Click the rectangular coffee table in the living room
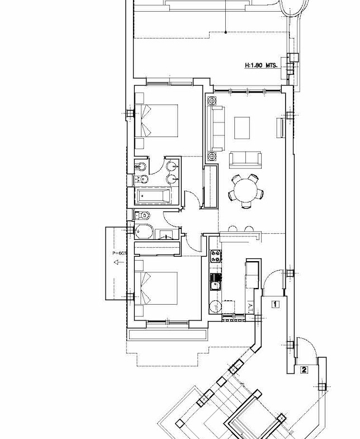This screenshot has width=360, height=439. [x=242, y=128]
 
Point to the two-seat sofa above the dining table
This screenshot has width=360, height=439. [x=245, y=158]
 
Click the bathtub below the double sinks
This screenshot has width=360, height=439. [x=154, y=196]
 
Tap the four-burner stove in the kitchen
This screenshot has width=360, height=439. [x=215, y=257]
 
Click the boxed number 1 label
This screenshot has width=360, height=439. [x=275, y=305]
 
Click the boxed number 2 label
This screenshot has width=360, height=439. [x=304, y=369]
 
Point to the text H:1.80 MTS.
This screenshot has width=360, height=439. [x=261, y=65]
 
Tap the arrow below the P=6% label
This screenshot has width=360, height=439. [x=115, y=267]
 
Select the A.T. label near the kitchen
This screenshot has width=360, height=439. [x=252, y=306]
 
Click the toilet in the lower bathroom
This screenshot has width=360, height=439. [x=144, y=215]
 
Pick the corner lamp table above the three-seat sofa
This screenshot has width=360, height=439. [x=212, y=101]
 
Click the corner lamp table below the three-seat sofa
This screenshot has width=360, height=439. [x=212, y=155]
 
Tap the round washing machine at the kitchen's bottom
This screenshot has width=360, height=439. [x=215, y=306]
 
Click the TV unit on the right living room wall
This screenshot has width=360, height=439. [x=280, y=127]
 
